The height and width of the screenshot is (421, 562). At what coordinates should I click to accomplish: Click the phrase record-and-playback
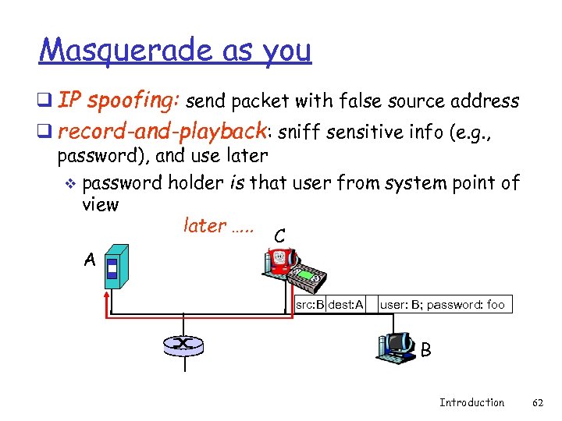163,129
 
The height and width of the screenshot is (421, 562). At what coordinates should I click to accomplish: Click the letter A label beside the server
91,261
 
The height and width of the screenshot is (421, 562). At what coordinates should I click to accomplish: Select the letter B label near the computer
425,351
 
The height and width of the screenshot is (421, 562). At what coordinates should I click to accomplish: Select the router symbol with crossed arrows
183,344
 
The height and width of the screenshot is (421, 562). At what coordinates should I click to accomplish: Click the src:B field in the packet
310,305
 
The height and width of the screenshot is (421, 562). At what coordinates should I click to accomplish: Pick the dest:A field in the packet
346,305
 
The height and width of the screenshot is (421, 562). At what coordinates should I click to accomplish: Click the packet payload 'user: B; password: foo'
443,305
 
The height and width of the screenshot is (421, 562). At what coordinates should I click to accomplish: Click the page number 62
537,402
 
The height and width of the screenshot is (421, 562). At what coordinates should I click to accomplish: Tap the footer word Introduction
471,402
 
